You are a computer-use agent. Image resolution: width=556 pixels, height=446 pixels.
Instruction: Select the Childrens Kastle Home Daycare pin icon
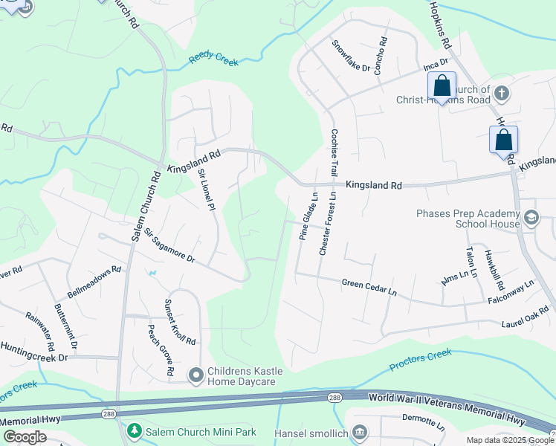point(195,373)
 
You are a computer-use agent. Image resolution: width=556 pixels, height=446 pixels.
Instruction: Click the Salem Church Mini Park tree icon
point(134,430)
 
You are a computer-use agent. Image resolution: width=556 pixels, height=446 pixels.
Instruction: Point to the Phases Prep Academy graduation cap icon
point(531,218)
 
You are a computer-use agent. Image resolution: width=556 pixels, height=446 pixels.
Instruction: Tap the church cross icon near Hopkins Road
point(502,94)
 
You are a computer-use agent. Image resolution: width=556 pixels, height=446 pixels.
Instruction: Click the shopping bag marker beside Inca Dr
point(442,87)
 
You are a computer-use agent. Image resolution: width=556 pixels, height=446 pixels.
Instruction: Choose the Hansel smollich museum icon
point(360,432)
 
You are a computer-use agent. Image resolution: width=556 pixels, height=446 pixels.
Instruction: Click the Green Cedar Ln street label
point(369,285)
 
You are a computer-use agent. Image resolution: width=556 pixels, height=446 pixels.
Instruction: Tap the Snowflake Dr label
point(351,56)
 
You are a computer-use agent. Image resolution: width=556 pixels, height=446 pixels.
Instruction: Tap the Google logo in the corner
point(25,437)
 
